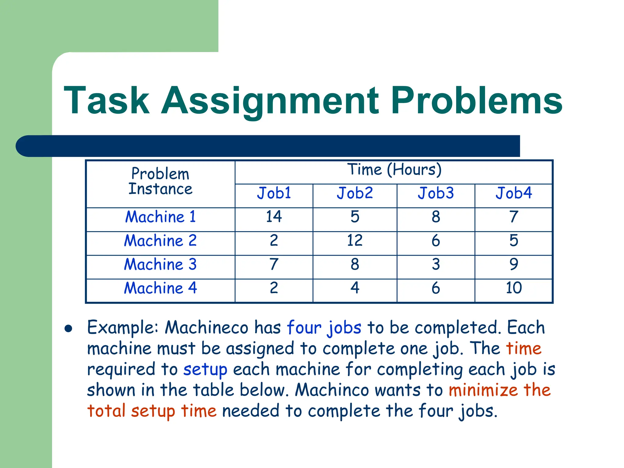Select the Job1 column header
click(x=274, y=193)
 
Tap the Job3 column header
click(x=436, y=193)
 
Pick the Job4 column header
click(x=514, y=193)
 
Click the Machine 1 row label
click(x=160, y=217)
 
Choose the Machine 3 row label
click(x=160, y=264)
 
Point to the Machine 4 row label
click(x=160, y=288)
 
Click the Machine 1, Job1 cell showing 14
click(x=274, y=217)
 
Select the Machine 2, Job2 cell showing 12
click(x=355, y=240)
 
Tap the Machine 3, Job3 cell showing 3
click(x=436, y=264)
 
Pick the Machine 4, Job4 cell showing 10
click(x=514, y=288)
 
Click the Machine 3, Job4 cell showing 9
click(x=514, y=264)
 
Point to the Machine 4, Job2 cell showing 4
click(x=355, y=288)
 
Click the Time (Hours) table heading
click(x=394, y=170)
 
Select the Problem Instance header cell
click(x=160, y=181)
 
